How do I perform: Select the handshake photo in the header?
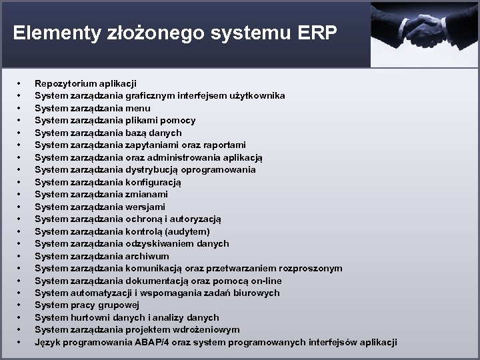(x=425, y=33)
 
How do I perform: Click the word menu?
(x=138, y=108)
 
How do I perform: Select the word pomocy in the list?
(x=180, y=120)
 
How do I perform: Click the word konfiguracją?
(x=153, y=182)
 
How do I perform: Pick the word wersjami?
(x=146, y=207)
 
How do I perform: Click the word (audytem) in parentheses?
(x=189, y=231)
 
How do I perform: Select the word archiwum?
(x=147, y=256)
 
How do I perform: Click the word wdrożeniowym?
(x=207, y=329)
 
